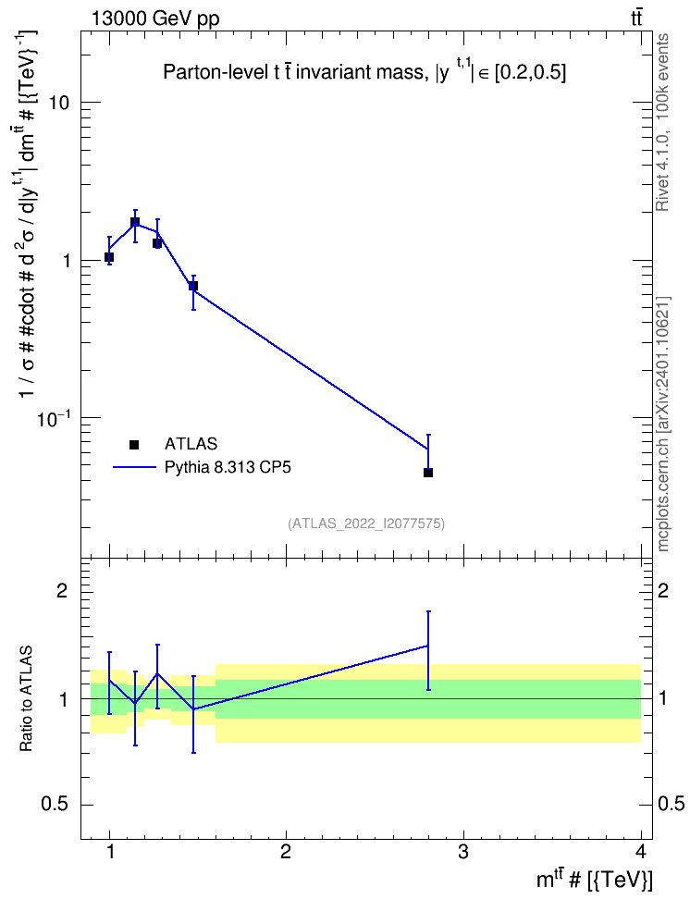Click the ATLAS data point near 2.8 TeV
tap(428, 473)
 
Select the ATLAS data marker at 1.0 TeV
tap(109, 257)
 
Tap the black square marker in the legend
tap(134, 444)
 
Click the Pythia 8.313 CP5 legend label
tap(228, 467)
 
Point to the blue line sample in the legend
tap(134, 467)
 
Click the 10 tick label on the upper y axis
tap(57, 104)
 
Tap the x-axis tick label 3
tap(462, 852)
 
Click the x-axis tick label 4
tap(641, 852)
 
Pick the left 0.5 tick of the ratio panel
tap(55, 805)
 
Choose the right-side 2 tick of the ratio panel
tap(663, 590)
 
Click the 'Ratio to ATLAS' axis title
tap(27, 698)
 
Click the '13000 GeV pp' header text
tap(155, 18)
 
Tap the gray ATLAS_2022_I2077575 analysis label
tap(366, 523)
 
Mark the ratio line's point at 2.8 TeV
tap(428, 646)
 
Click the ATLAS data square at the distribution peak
tap(135, 222)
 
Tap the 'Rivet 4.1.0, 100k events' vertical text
tap(662, 123)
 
